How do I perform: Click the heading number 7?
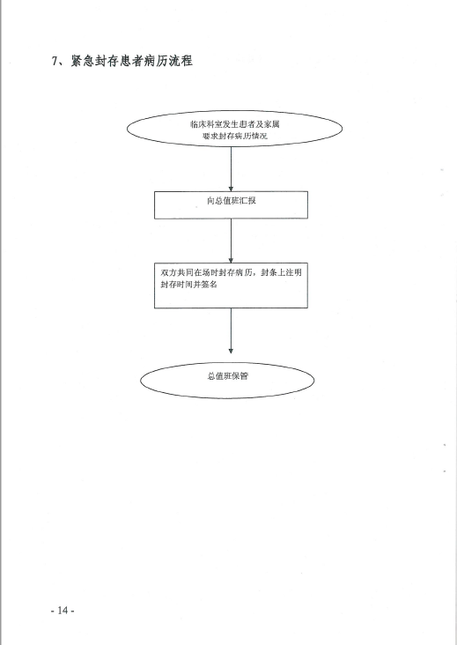click(x=55, y=61)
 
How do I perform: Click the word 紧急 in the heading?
click(x=83, y=61)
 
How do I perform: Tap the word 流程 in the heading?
click(x=181, y=61)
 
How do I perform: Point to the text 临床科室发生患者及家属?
click(x=235, y=124)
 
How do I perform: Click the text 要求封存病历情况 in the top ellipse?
click(x=235, y=137)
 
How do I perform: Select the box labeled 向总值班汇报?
click(x=231, y=204)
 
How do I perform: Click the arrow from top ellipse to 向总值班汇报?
click(x=231, y=168)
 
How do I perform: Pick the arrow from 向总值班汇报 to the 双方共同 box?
click(x=231, y=241)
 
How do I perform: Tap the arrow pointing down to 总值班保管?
click(x=231, y=330)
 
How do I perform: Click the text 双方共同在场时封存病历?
click(x=206, y=272)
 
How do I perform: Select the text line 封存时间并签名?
click(x=188, y=285)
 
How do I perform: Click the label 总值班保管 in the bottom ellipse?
click(x=228, y=376)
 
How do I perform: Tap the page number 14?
click(x=63, y=610)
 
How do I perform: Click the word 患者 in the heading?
click(x=131, y=61)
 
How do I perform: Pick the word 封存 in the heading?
click(x=107, y=61)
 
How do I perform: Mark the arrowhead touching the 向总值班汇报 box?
click(x=231, y=189)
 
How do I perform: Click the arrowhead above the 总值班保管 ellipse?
click(x=231, y=351)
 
